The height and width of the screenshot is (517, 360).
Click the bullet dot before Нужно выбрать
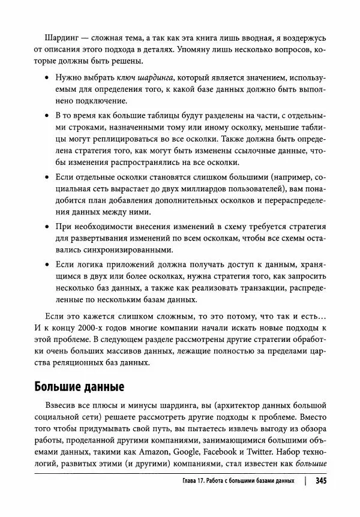click(x=47, y=79)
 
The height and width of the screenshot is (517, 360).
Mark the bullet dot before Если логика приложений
click(x=47, y=264)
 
